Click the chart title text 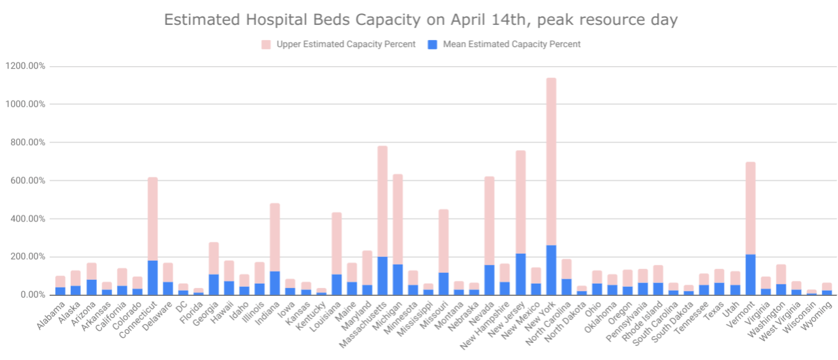(421, 20)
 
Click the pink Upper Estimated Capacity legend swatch (266, 45)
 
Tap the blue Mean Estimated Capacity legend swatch (432, 45)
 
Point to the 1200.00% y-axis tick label (26, 66)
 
